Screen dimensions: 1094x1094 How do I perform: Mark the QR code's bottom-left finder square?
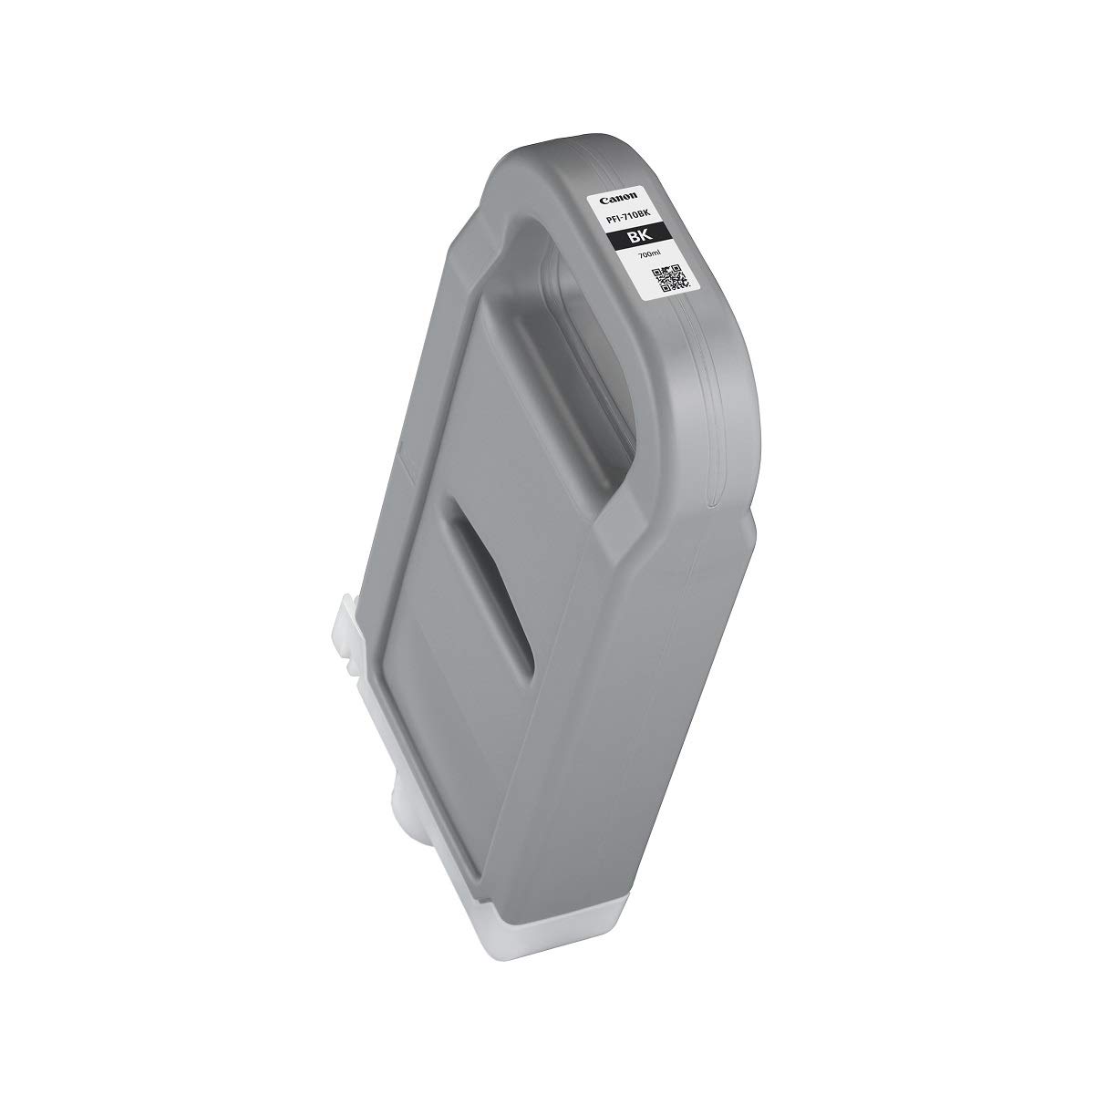665,287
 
